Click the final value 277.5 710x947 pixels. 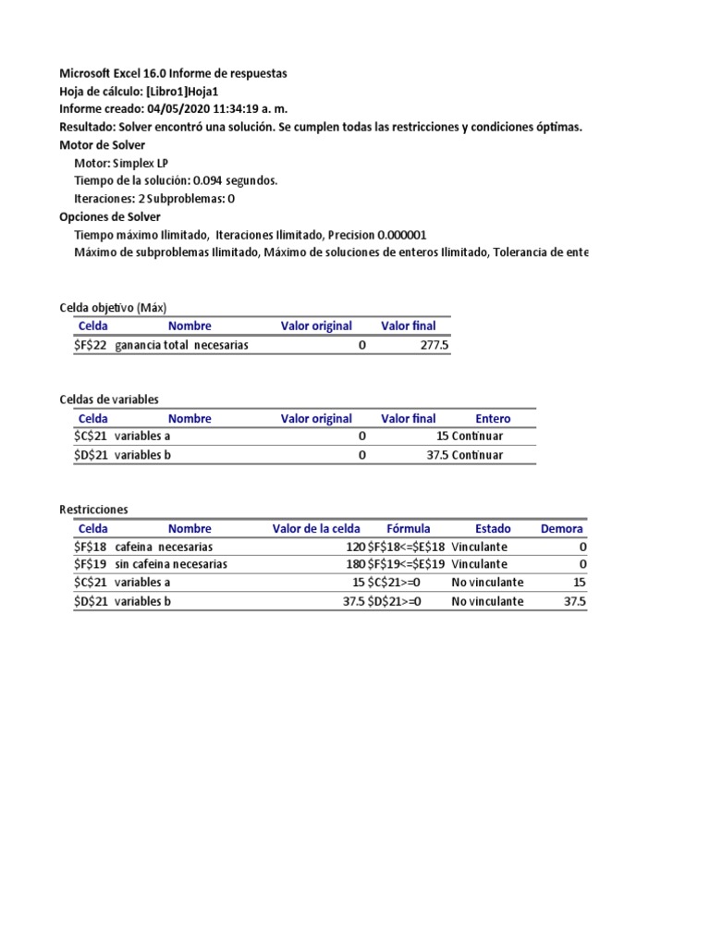(434, 345)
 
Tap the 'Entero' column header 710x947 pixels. (492, 419)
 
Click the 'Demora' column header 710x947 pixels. (561, 529)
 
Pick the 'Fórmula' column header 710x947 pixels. (408, 529)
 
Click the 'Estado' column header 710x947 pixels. (492, 529)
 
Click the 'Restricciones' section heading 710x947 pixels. (93, 510)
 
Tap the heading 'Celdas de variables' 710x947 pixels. (109, 400)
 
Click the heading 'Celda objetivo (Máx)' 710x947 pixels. (113, 307)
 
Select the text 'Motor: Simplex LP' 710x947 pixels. (121, 163)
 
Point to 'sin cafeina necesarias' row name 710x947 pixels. (171, 564)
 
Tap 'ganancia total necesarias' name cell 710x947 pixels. (181, 345)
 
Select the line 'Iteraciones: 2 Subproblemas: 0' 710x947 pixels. (154, 198)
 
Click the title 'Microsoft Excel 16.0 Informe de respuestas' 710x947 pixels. (173, 73)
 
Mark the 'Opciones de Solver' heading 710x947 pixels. (109, 216)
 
